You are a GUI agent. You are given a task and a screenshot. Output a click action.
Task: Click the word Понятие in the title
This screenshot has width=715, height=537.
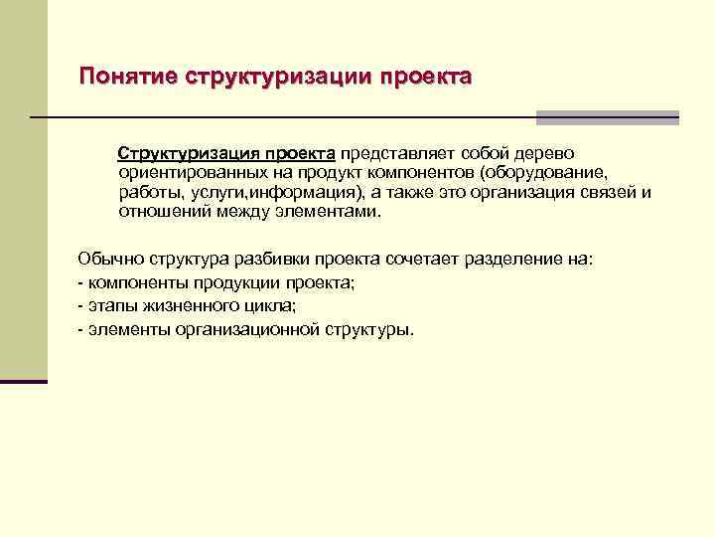click(127, 77)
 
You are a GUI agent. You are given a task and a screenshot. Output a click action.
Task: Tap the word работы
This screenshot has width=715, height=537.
click(148, 192)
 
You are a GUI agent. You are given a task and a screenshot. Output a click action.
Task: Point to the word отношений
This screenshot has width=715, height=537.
click(158, 211)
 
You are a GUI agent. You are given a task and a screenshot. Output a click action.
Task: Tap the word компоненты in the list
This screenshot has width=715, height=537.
click(129, 282)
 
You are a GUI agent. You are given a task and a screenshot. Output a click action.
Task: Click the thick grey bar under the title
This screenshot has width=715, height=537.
click(607, 117)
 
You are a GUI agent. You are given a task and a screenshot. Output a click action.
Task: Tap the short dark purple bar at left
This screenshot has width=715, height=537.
click(24, 381)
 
